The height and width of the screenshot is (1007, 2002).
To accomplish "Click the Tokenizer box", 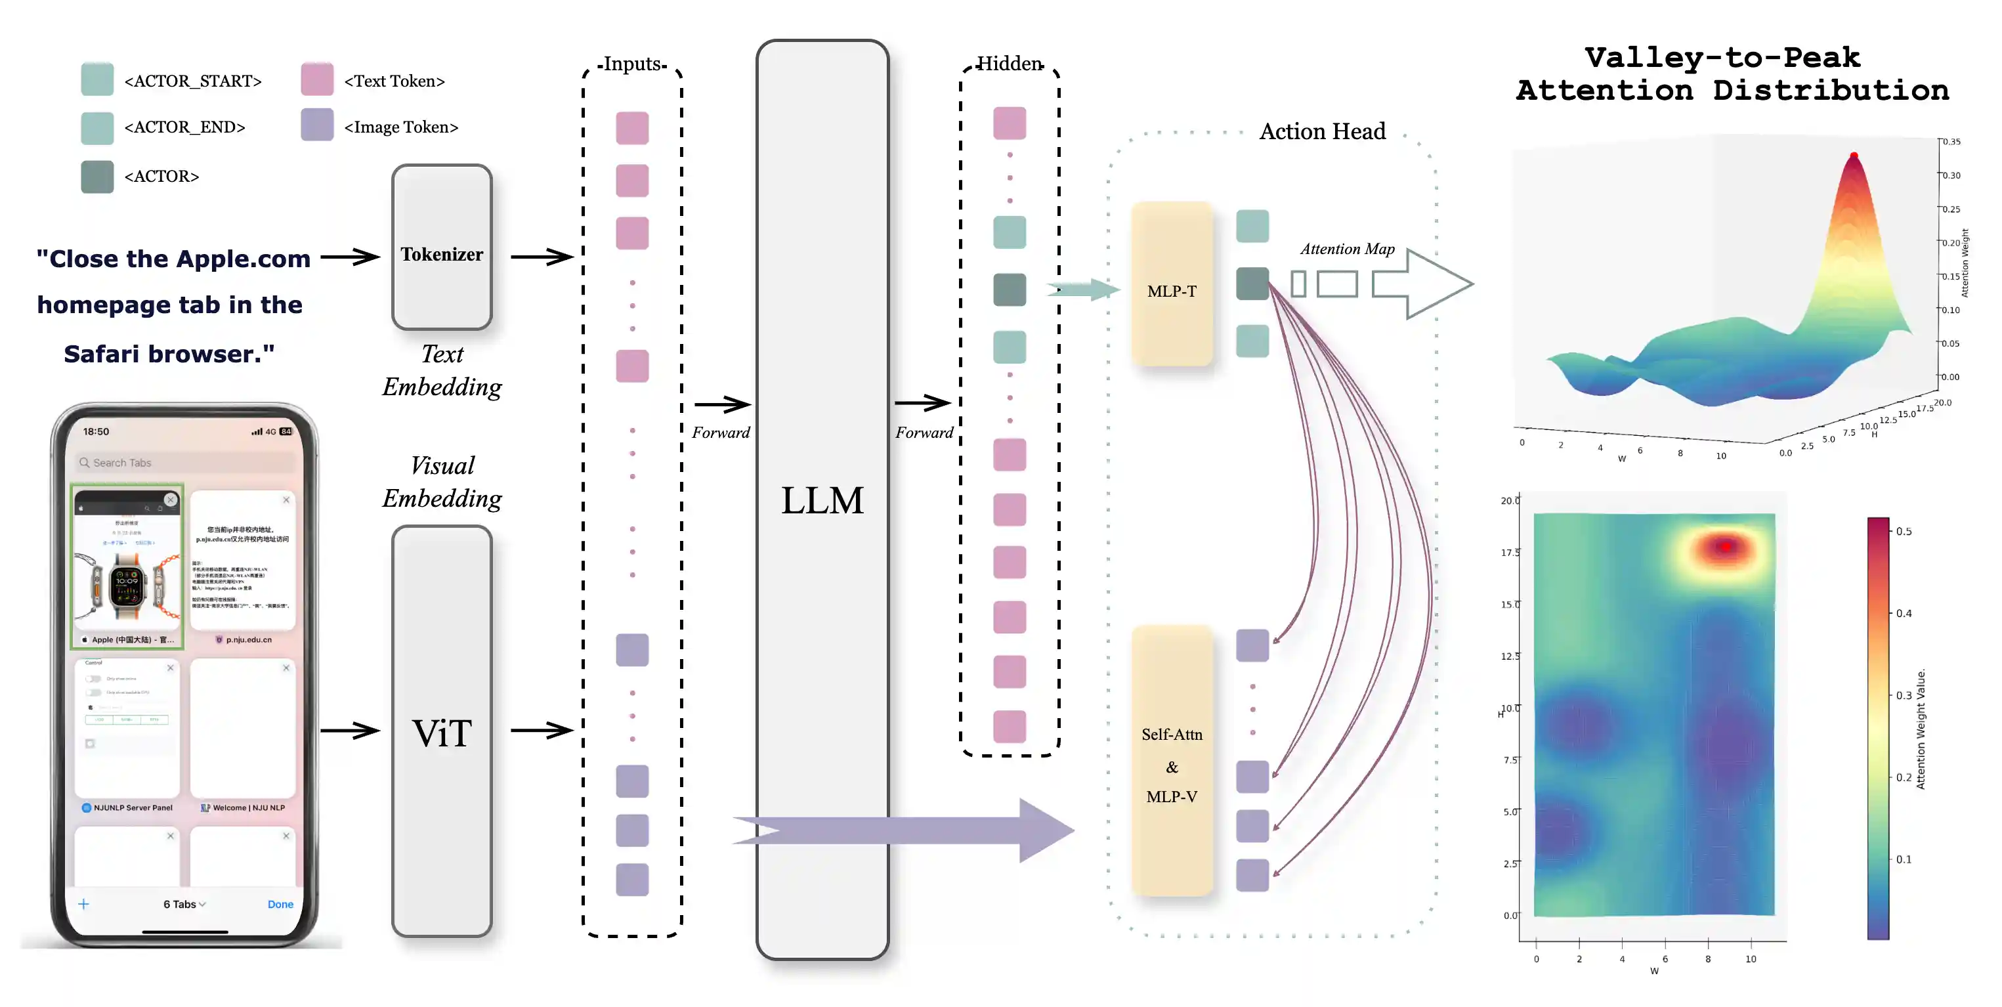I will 442,247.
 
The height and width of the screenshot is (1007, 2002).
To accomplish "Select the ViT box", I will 442,732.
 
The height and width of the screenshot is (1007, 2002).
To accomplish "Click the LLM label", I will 822,500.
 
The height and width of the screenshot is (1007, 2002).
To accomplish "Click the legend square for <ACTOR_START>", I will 97,80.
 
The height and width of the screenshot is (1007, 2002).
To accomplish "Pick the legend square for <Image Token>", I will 317,125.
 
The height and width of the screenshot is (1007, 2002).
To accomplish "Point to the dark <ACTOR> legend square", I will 97,177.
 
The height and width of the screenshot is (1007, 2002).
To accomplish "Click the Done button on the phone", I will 280,904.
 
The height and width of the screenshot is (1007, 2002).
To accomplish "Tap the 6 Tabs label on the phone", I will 183,904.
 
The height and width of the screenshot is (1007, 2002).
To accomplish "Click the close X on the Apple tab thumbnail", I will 170,500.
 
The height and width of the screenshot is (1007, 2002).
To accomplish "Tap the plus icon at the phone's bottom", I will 84,904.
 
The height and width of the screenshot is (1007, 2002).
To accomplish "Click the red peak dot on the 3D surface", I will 1854,156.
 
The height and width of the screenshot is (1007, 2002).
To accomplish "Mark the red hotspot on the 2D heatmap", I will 1726,547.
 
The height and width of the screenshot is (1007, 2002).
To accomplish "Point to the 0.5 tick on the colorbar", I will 1902,532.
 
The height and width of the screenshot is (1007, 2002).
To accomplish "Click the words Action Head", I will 1322,131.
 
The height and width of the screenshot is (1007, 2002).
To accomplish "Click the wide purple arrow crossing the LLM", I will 901,830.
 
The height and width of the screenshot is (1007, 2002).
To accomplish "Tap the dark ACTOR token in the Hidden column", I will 1009,289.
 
